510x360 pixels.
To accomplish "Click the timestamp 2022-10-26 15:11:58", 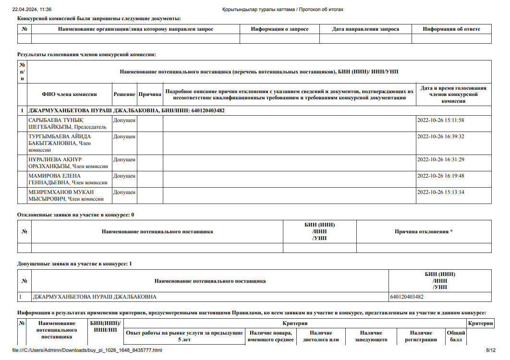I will tap(440, 120).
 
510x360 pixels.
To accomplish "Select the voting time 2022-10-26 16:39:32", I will tap(440, 136).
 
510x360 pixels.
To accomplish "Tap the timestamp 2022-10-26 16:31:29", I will tap(440, 159).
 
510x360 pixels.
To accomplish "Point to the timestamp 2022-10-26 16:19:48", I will tap(440, 176).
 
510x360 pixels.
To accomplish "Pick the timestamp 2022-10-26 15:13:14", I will tap(440, 192).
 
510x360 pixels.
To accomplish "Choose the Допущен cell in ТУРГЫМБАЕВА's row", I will tap(124, 136).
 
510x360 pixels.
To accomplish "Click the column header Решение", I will tap(124, 95).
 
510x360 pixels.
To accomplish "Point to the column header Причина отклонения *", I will tap(424, 232).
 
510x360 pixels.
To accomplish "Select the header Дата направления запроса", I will tap(365, 29).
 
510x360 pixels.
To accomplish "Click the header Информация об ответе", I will tap(451, 29).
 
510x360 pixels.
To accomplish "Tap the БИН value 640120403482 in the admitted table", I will tap(407, 297).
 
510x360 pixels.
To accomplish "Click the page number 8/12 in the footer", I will tap(490, 350).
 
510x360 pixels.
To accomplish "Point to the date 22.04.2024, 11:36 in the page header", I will tap(32, 9).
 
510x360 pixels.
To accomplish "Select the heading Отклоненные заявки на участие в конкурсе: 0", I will tap(75, 215).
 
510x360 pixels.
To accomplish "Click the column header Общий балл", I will tap(455, 336).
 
